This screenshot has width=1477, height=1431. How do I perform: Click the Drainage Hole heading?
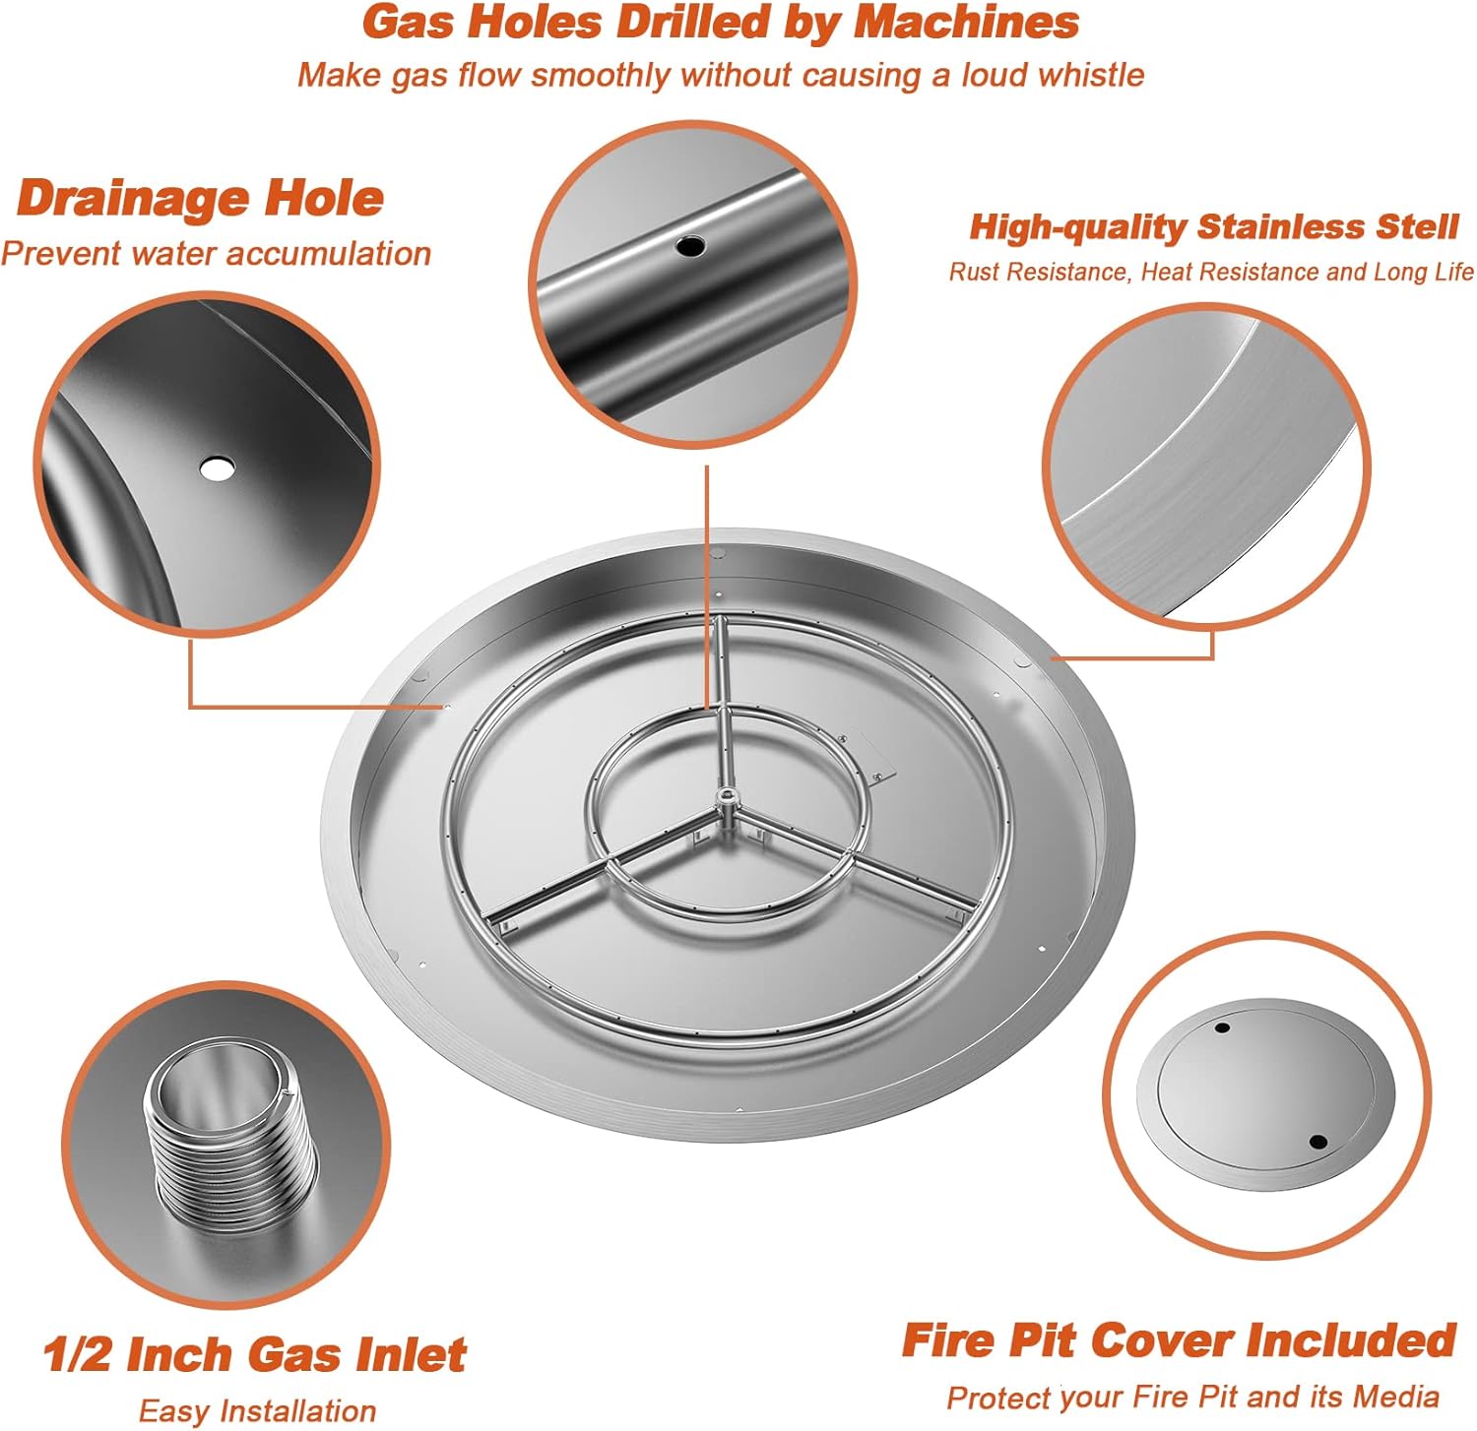200,198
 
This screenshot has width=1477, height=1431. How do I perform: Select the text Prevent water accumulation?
216,254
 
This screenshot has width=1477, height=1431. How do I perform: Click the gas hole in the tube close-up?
689,245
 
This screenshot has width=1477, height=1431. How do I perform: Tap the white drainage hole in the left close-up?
217,468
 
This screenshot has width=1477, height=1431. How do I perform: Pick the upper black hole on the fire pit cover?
1222,1027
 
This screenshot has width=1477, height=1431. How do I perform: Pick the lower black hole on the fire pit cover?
1317,1142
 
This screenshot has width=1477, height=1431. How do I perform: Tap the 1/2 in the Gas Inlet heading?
79,1354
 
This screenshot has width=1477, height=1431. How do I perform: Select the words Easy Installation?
257,1410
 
